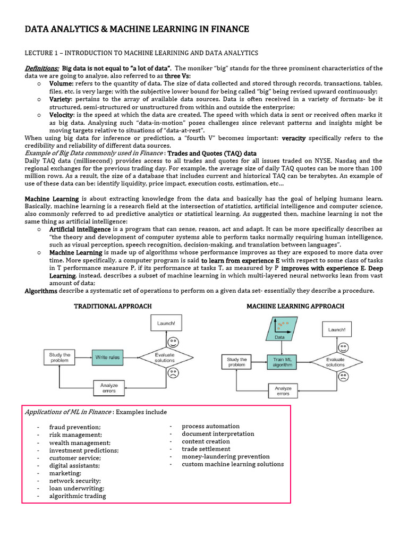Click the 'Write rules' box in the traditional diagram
[x=107, y=358]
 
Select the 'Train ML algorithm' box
[x=283, y=362]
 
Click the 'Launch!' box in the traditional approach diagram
[x=166, y=323]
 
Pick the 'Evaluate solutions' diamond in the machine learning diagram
[x=335, y=362]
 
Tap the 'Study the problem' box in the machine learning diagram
[x=236, y=362]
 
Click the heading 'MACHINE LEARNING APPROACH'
[x=295, y=306]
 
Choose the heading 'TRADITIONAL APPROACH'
[x=113, y=307]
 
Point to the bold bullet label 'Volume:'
[x=61, y=83]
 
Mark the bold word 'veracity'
[x=293, y=138]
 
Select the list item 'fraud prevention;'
[x=75, y=427]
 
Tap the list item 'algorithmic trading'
[x=78, y=496]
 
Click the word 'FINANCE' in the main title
[x=226, y=29]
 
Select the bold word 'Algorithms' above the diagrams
[x=41, y=291]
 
